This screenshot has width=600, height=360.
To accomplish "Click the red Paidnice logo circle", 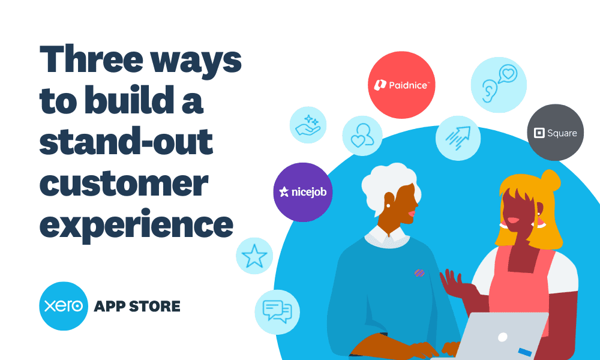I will tap(401, 85).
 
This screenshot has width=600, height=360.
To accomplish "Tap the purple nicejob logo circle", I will tap(302, 192).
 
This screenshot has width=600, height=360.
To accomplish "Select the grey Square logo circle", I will tap(555, 132).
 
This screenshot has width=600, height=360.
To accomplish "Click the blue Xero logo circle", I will tap(64, 306).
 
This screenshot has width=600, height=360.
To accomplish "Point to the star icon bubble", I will tap(254, 256).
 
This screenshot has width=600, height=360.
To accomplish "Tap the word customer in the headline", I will tap(123, 184).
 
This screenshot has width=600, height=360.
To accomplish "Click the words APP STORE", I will tap(137, 307).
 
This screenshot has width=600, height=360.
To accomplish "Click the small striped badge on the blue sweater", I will tap(419, 273).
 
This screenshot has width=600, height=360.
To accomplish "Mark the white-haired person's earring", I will tap(388, 206).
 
